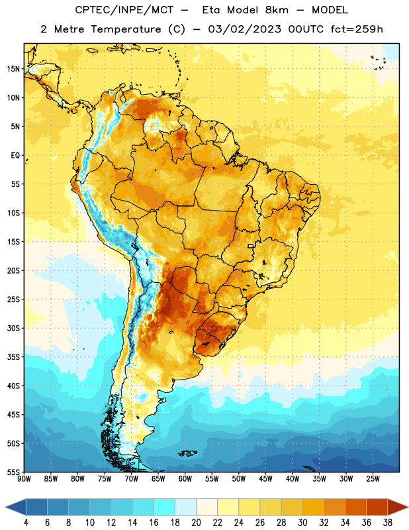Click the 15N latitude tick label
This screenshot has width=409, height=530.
[13, 69]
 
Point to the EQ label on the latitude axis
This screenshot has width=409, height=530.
[15, 156]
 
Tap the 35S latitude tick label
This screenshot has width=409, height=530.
[13, 357]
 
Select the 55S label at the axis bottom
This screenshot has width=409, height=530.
[13, 472]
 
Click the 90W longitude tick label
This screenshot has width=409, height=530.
[24, 479]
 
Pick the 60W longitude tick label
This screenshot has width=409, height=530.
[185, 479]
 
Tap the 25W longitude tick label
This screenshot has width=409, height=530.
[373, 479]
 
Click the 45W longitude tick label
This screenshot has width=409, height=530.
[265, 479]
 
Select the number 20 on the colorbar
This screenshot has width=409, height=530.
[196, 523]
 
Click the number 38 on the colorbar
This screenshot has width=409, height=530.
[388, 523]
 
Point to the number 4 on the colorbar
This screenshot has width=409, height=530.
[26, 523]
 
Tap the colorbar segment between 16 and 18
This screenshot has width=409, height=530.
[165, 507]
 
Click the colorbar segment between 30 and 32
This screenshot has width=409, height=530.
[313, 507]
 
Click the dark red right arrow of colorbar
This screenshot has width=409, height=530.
[397, 507]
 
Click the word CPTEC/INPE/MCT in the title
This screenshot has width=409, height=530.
[124, 10]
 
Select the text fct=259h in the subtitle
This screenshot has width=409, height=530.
[357, 29]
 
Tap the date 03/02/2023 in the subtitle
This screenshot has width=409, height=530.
[244, 29]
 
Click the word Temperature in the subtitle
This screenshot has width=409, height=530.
[126, 29]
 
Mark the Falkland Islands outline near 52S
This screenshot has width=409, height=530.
[187, 453]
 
